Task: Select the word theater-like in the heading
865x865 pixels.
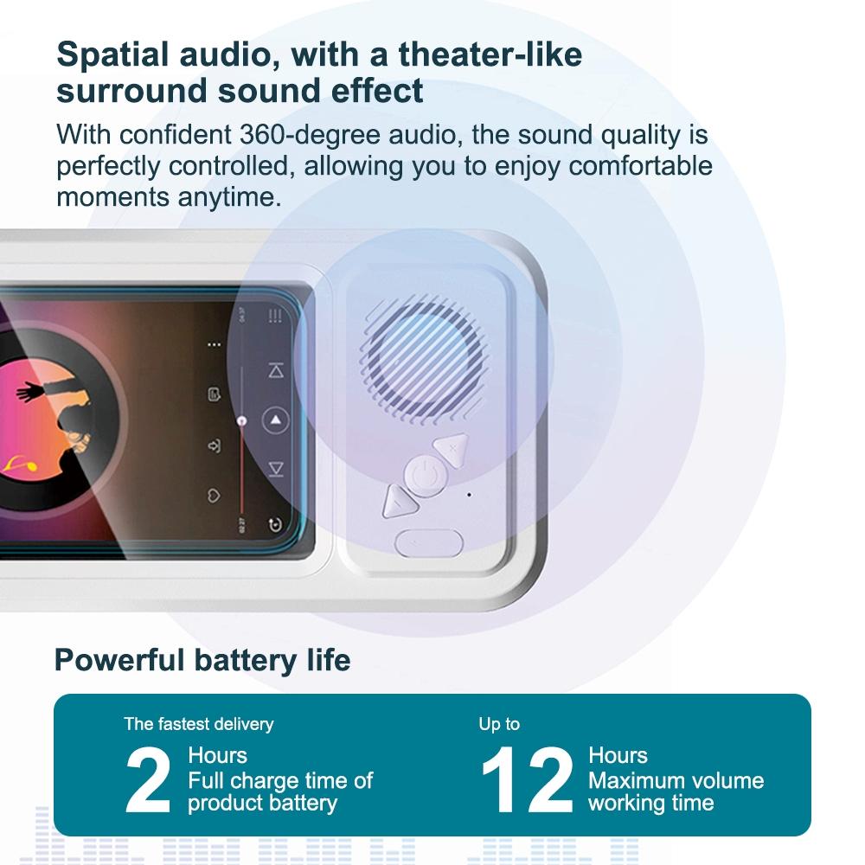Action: (490, 54)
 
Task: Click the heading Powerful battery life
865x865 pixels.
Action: (202, 661)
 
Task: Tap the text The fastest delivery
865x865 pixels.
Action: (198, 723)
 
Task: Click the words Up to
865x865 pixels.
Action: (499, 723)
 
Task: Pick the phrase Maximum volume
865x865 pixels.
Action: (676, 780)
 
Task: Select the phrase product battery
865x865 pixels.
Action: (262, 803)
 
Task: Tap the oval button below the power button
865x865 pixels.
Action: (428, 543)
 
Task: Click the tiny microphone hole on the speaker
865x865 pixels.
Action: (469, 495)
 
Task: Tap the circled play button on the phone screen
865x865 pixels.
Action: (275, 420)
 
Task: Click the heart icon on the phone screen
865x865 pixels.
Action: (214, 496)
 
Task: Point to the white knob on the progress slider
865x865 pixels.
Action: (242, 420)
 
